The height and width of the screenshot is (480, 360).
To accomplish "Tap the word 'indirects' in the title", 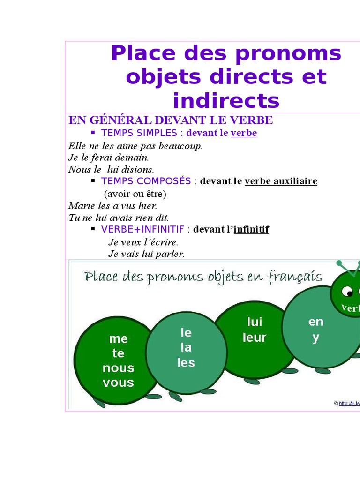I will pyautogui.click(x=226, y=100).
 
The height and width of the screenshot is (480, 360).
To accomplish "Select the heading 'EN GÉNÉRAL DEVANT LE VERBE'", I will pyautogui.click(x=171, y=120).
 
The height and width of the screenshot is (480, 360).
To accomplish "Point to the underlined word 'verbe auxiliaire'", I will pyautogui.click(x=281, y=181).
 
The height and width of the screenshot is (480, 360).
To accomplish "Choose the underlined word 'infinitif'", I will pyautogui.click(x=251, y=230).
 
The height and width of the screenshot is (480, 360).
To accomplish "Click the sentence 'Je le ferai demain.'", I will pyautogui.click(x=108, y=157).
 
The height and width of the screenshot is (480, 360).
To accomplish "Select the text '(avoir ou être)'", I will pyautogui.click(x=135, y=194).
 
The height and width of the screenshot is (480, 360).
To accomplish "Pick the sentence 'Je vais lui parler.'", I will pyautogui.click(x=146, y=254).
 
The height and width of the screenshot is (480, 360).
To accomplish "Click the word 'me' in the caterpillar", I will pyautogui.click(x=118, y=338).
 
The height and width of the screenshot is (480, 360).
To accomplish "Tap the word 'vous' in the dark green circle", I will pyautogui.click(x=118, y=382).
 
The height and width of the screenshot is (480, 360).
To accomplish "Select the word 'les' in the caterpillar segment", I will pyautogui.click(x=186, y=362).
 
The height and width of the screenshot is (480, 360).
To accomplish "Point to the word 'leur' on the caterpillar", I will pyautogui.click(x=255, y=337).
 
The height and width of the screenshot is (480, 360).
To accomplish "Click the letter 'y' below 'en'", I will pyautogui.click(x=315, y=337).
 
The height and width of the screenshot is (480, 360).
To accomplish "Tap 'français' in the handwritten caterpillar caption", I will pyautogui.click(x=295, y=277).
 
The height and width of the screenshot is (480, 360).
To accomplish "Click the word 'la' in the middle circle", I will pyautogui.click(x=186, y=347).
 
